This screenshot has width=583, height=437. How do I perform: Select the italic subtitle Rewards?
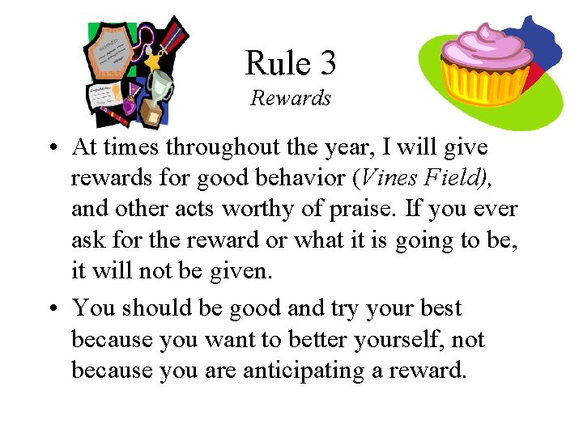pyautogui.click(x=291, y=99)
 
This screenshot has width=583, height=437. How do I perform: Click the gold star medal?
pyautogui.click(x=151, y=60)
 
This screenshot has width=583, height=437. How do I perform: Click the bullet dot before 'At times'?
pyautogui.click(x=50, y=149)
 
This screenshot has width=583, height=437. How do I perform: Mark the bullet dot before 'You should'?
pyautogui.click(x=50, y=309)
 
